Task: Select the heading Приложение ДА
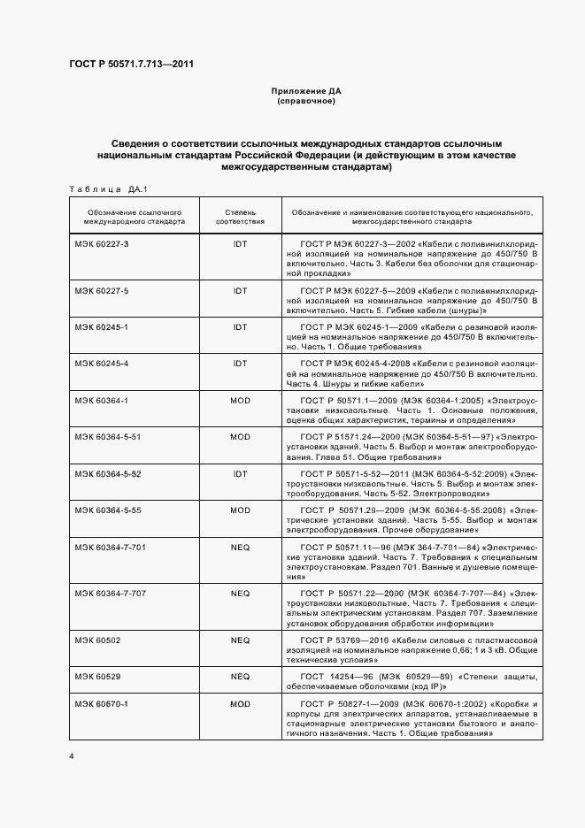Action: pos(304,91)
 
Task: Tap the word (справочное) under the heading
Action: pos(304,101)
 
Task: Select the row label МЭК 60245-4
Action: pos(102,364)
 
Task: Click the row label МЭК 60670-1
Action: pos(102,703)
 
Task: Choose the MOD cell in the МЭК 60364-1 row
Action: pos(240,401)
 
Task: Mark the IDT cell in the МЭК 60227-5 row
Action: pos(240,290)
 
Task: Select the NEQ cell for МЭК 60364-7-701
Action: pos(240,548)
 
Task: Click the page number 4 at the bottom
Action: pos(72,757)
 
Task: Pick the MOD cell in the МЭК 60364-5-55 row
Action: pos(240,510)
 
